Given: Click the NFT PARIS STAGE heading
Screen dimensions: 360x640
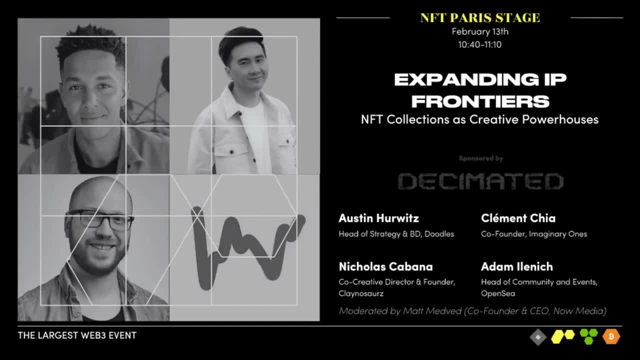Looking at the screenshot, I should [480, 18].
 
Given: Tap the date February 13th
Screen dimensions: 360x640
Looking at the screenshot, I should [480, 31].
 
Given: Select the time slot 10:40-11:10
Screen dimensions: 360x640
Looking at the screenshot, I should [480, 44].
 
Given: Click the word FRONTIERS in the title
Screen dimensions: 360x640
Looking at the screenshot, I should [480, 101].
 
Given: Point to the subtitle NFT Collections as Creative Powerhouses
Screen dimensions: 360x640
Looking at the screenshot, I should [479, 119].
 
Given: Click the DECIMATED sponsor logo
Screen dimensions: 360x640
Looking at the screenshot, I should [480, 181].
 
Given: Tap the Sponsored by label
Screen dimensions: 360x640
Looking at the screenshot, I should [481, 158].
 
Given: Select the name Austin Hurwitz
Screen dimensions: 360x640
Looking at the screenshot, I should [378, 218].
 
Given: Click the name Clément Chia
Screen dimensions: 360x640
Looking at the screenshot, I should [518, 218].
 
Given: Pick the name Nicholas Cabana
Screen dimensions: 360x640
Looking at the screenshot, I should [385, 266].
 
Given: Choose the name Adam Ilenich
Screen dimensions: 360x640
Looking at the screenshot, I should [516, 266].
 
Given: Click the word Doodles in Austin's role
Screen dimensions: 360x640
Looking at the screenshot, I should [439, 234].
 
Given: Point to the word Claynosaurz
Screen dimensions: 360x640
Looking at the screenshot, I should [361, 293].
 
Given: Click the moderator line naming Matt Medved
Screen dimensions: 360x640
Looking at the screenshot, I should [472, 311].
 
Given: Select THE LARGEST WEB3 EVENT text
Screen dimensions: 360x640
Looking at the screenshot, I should [77, 335].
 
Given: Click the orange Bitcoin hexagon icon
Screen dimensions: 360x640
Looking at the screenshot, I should [611, 336].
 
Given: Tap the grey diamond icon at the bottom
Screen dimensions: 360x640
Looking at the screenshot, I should [538, 337].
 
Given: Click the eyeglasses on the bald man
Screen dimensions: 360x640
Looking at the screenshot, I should [100, 220].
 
